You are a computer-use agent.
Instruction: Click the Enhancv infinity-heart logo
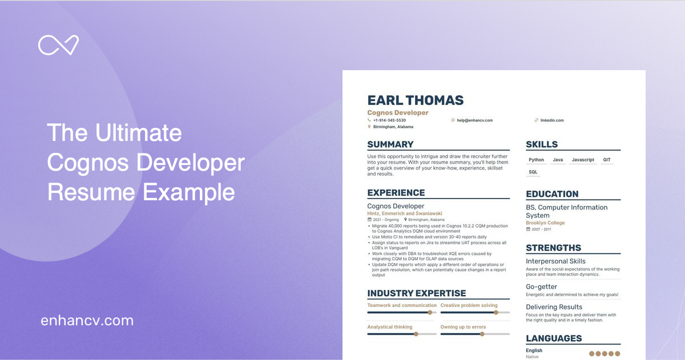pos(58,46)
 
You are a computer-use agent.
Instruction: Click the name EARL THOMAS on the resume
pos(415,100)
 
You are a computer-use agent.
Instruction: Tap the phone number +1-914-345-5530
pos(389,120)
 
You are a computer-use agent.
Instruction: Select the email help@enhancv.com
pos(474,120)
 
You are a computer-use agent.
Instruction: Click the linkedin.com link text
pos(552,120)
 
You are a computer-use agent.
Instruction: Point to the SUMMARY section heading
pos(390,144)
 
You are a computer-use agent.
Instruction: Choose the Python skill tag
pos(536,160)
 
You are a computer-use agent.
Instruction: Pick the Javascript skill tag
pos(583,160)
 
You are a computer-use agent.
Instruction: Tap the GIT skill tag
pos(607,160)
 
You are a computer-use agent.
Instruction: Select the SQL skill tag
pos(533,172)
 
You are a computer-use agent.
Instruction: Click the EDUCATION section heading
pos(552,194)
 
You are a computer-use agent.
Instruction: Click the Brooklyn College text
pos(545,223)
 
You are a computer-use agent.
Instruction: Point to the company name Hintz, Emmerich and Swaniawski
pos(405,213)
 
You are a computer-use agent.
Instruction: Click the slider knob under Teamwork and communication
pos(430,313)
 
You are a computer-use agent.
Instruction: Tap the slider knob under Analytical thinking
pos(416,334)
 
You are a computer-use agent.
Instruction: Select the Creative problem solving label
pos(469,305)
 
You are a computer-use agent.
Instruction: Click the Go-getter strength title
pos(541,287)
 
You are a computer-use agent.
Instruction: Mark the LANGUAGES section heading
pos(554,338)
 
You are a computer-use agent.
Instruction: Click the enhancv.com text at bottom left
pos(87,321)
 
